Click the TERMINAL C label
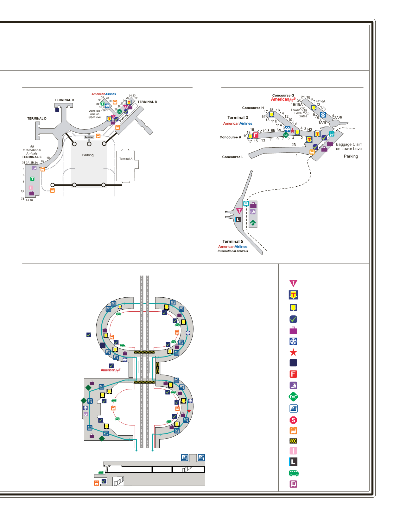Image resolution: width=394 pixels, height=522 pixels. pos(64,100)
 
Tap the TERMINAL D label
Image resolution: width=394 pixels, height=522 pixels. pos(37,119)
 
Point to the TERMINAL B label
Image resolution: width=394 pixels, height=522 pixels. pos(147,102)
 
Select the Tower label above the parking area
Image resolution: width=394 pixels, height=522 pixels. pos(89,137)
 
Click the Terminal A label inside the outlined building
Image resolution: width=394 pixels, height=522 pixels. pos(126,159)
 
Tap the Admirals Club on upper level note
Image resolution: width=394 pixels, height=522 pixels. pos(94,114)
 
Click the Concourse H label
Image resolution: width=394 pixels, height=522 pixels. pos(253,108)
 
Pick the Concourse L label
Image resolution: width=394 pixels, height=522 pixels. pos(233,157)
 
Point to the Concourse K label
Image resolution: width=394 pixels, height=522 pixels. pos(230,137)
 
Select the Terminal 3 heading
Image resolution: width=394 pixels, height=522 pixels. pos(238,118)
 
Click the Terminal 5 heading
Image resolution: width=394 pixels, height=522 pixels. pos(232,241)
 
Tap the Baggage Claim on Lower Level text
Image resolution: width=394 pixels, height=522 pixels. pos(349,146)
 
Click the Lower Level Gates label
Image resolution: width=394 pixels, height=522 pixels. pos(299,113)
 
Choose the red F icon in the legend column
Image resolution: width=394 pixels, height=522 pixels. pos(293,374)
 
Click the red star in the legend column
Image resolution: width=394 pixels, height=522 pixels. pos(293,352)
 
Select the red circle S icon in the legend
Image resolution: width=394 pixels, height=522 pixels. pos(293,420)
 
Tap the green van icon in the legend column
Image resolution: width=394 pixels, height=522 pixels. pos(294,473)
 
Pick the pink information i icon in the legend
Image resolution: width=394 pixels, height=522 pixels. pos(293,451)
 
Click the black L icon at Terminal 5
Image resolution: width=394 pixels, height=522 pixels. pos(238,219)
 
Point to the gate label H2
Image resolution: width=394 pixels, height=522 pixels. pos(309,129)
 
